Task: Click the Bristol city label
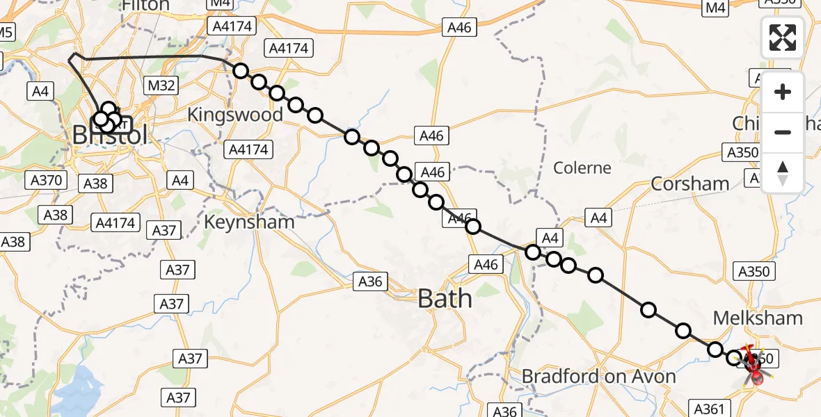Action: tap(110, 135)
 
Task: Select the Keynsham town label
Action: tap(249, 222)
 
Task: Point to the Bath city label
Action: tap(445, 299)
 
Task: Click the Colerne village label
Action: tap(582, 167)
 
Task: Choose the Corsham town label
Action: tap(690, 183)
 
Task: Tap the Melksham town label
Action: tap(758, 318)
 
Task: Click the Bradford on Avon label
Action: tap(598, 376)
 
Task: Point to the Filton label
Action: tap(145, 6)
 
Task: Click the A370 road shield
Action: tap(47, 181)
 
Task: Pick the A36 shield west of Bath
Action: tap(371, 281)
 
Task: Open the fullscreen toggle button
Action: tap(783, 38)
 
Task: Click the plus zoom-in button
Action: tap(783, 92)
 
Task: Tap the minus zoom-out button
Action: tap(783, 132)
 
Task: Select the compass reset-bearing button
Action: tap(783, 172)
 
